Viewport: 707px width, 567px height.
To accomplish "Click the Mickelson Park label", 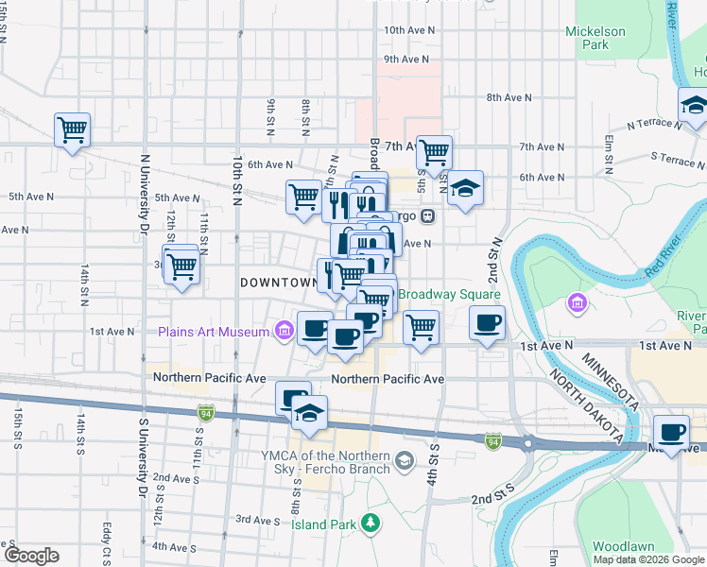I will point(595,38).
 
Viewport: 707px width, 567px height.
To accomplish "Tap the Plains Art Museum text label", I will point(213,332).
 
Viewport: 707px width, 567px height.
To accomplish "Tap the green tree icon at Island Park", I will point(372,522).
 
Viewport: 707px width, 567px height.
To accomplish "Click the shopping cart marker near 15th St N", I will point(72,129).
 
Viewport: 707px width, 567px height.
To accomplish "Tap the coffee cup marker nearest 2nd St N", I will point(488,324).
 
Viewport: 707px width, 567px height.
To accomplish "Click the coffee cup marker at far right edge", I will point(672,432).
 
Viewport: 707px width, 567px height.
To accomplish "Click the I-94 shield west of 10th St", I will point(205,413).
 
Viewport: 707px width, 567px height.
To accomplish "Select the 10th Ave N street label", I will point(405,30).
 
